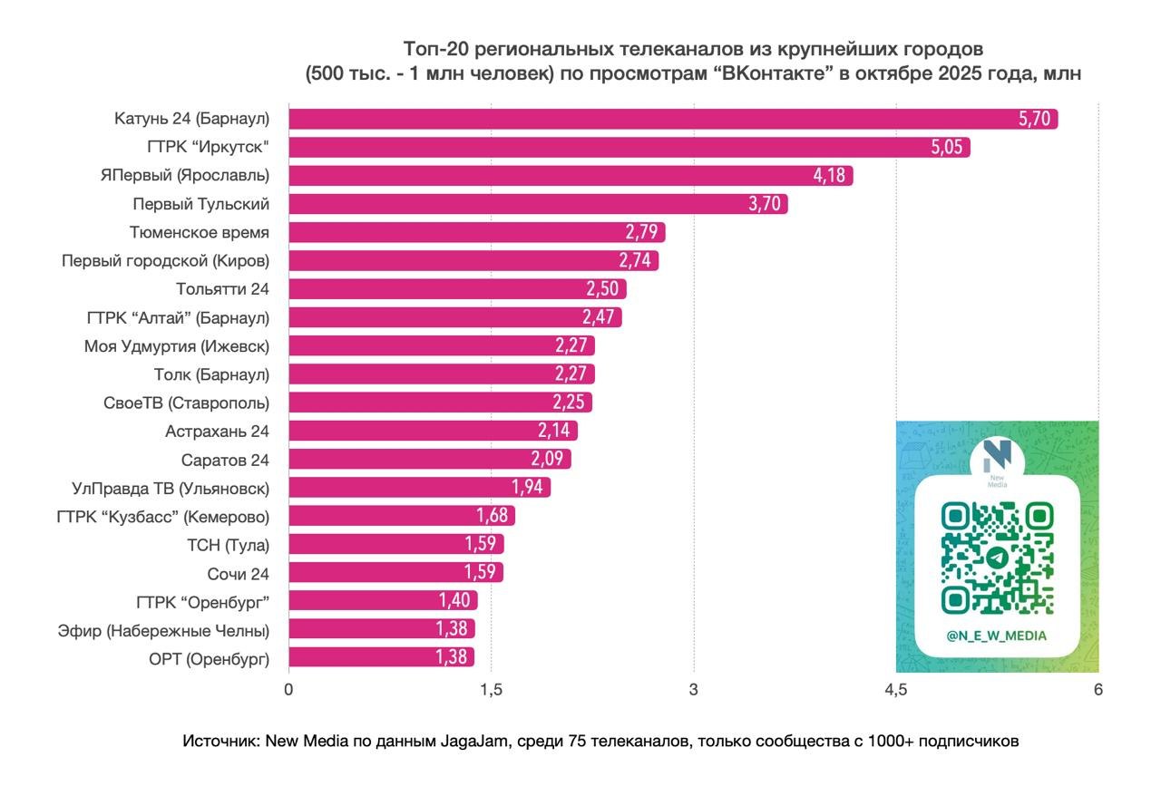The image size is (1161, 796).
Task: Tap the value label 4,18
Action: [830, 176]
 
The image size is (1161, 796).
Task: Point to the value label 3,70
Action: [765, 204]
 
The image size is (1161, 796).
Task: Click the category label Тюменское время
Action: [200, 232]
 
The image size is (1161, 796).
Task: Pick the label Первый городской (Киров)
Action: [165, 261]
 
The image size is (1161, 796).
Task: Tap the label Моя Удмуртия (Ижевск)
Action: [177, 345]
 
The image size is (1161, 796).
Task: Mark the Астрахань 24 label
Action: [217, 431]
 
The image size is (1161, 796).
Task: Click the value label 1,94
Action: [527, 488]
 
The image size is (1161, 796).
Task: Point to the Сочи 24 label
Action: [238, 573]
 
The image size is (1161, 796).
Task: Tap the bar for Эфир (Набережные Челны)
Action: [382, 629]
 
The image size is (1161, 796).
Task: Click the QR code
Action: [997, 558]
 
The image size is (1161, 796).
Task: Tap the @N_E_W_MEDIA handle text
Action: [996, 636]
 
